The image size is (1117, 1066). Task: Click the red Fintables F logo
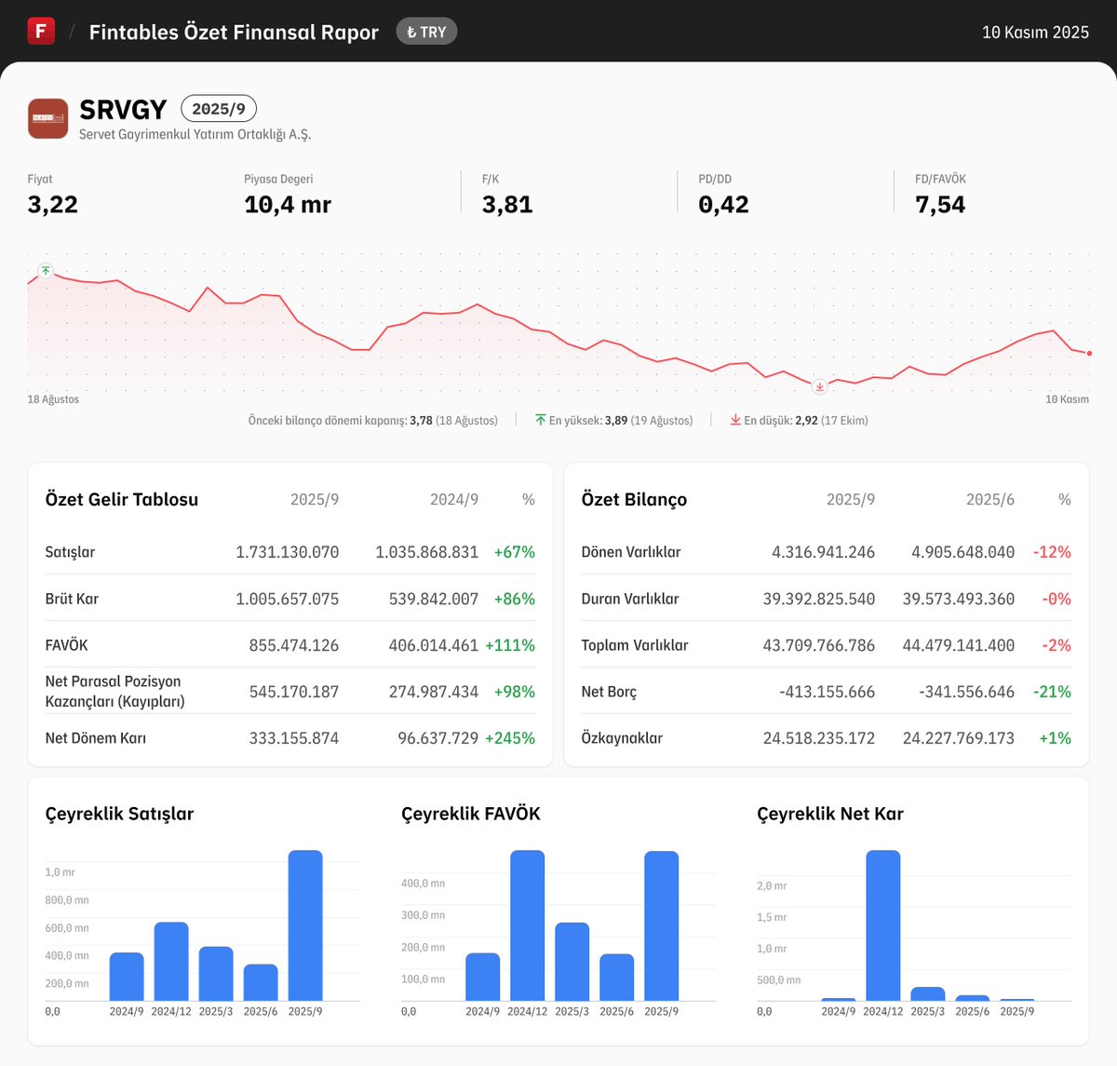pos(41,31)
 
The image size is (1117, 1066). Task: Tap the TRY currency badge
pos(426,32)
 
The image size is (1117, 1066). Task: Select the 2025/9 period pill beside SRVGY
pos(219,109)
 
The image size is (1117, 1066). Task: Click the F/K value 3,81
pos(507,205)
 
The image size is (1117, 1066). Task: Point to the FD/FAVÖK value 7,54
pos(940,205)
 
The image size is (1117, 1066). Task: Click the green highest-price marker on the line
pos(46,271)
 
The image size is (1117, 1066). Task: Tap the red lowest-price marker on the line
pos(819,386)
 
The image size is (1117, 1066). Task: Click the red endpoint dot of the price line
pos(1089,353)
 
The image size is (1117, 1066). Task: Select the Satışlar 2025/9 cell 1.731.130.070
pos(287,552)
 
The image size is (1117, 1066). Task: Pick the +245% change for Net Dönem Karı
pos(510,738)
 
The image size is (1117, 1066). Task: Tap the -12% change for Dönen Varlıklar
pos(1052,552)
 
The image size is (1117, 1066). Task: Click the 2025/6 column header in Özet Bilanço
pos(990,500)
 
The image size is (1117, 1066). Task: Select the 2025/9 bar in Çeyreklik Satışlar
pos(305,925)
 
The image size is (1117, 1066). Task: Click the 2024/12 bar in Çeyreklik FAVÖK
pos(527,925)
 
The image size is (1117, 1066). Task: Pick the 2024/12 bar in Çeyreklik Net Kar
pos(882,925)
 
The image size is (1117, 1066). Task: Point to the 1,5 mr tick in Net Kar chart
pos(772,917)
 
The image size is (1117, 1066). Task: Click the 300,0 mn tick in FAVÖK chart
pos(423,915)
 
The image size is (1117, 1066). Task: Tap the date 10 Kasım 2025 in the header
pos(1035,32)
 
